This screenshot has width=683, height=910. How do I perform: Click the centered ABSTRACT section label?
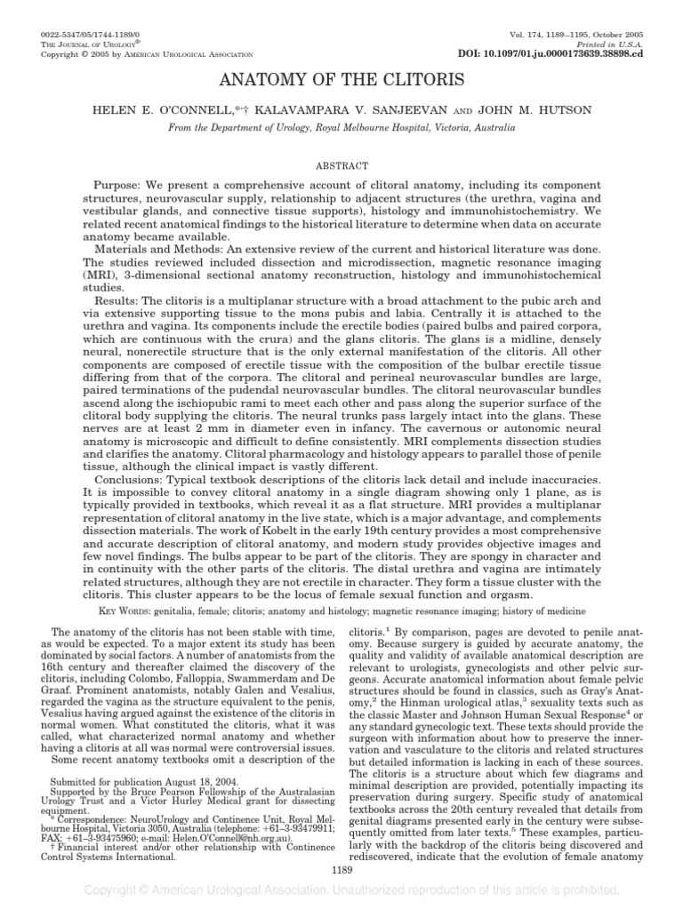(x=341, y=165)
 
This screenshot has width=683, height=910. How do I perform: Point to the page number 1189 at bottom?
(x=341, y=868)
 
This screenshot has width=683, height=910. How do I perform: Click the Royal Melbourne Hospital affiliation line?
(x=341, y=128)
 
